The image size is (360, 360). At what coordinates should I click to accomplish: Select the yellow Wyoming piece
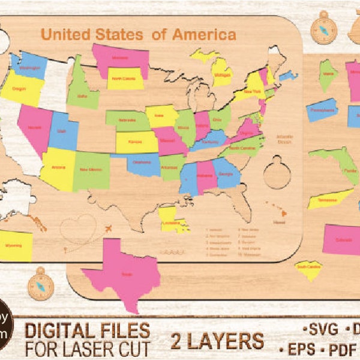[x=16, y=245]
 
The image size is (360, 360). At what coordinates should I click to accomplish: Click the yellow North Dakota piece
[x=125, y=78]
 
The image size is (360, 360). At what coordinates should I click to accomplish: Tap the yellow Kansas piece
[x=137, y=142]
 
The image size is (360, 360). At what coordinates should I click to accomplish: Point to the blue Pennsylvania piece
[x=322, y=110]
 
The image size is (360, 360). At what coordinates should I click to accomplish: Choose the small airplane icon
[x=108, y=229]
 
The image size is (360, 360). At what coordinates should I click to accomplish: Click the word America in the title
[x=204, y=34]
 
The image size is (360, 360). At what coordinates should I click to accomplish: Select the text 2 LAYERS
[x=217, y=341]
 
